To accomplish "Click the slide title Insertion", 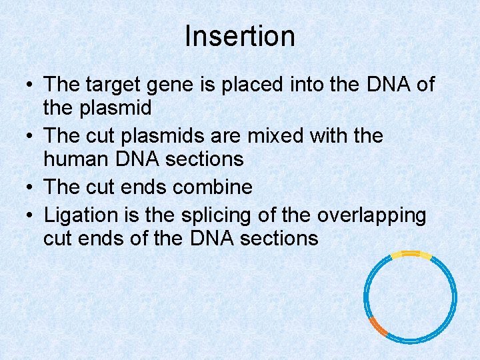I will click(x=240, y=36).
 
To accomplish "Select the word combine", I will click(x=213, y=187).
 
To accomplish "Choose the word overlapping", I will click(x=371, y=216).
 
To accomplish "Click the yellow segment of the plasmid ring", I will click(x=410, y=254).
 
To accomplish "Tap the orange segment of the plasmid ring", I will click(x=378, y=326).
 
